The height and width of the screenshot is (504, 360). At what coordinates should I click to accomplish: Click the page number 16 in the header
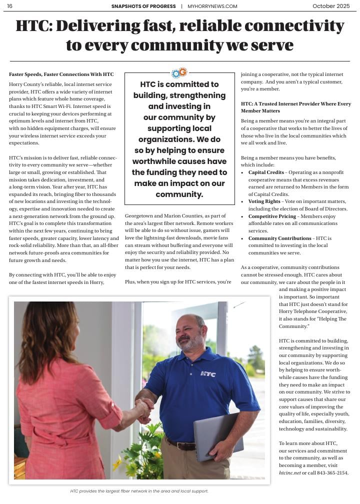[9, 6]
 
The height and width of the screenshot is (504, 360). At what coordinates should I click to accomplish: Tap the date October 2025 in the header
[331, 6]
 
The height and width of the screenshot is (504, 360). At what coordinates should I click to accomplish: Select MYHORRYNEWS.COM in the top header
[212, 6]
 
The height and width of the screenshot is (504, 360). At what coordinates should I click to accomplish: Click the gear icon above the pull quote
[179, 73]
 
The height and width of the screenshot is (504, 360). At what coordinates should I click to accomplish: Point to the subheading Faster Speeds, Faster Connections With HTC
[61, 74]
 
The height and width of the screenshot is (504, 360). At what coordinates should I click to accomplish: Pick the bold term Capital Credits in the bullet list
[266, 172]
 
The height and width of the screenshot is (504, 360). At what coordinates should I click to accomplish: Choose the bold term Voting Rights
[264, 201]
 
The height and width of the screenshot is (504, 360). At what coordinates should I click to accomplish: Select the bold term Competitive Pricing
[272, 216]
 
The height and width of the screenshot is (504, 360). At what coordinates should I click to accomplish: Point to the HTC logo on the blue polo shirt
[208, 373]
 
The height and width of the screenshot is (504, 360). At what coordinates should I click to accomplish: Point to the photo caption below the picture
[139, 491]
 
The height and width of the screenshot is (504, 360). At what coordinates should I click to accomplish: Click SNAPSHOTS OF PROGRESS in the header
[144, 6]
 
